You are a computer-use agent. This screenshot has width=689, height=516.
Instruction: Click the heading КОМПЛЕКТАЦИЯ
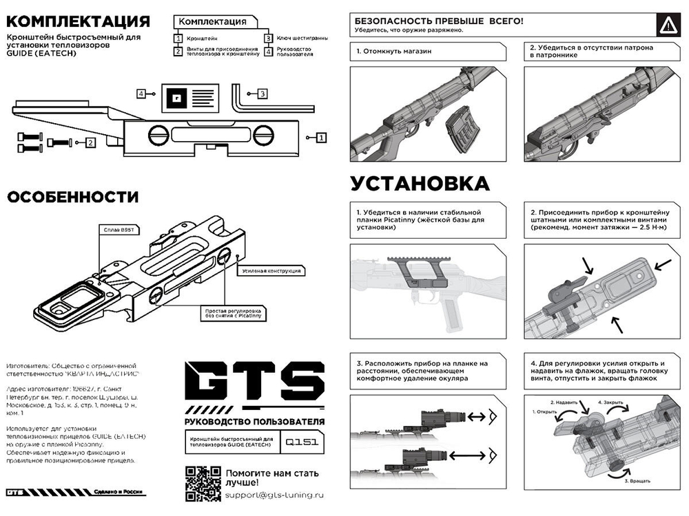tap(78, 21)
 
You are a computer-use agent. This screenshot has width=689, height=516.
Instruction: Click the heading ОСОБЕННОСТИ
tap(72, 197)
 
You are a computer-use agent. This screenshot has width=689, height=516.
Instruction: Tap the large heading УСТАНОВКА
tap(420, 184)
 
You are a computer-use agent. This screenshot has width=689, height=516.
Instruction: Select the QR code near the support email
tap(201, 482)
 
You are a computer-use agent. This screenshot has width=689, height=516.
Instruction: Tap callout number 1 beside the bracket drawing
tap(321, 138)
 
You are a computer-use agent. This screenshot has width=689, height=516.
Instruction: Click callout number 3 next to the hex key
tap(262, 93)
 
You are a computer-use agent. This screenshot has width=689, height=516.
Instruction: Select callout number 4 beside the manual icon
tap(141, 93)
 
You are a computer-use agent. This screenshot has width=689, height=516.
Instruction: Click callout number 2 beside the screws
tap(90, 142)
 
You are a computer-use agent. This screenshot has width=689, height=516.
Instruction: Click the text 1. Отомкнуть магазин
tap(393, 52)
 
